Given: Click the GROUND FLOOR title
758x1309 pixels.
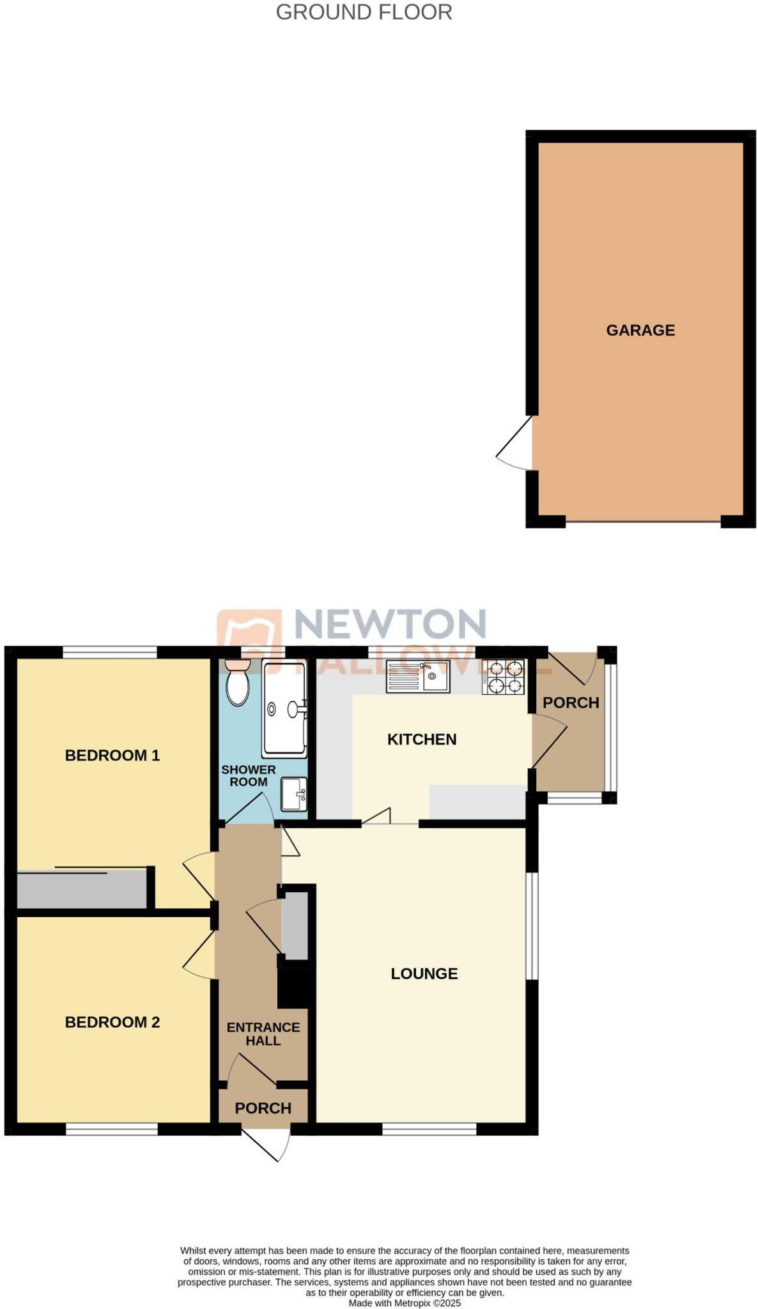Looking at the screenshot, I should click(x=364, y=12).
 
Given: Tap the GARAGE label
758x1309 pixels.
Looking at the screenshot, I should click(x=640, y=330).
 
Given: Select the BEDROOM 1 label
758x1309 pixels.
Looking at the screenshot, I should click(x=112, y=755).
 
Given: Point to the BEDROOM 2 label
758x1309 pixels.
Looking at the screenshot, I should click(x=112, y=1022).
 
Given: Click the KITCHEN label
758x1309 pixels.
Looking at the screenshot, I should click(x=421, y=740).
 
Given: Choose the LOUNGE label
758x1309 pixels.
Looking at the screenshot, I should click(x=424, y=973).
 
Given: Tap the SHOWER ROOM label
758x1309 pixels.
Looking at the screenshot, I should click(x=248, y=776).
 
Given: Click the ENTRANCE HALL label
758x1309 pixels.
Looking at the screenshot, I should click(x=263, y=1034).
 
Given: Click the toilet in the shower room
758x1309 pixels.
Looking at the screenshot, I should click(x=238, y=685).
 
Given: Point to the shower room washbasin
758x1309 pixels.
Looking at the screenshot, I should click(x=294, y=794).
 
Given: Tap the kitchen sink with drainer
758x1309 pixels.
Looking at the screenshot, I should click(x=418, y=677).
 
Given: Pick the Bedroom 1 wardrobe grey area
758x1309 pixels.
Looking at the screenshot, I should click(x=81, y=890).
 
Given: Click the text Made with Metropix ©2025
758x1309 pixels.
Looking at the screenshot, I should click(x=404, y=1303).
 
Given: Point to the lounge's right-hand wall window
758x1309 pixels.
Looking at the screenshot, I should click(x=532, y=926).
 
